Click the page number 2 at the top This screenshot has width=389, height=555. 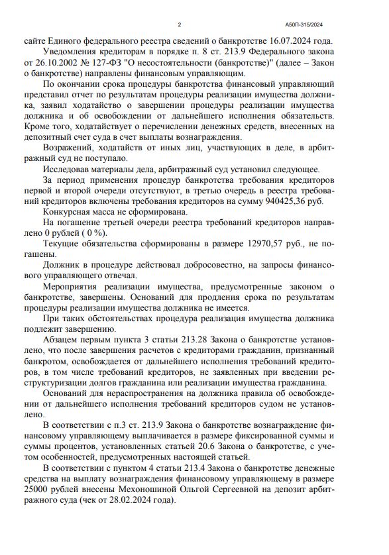(x=180, y=25)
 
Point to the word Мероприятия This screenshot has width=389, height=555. (x=75, y=287)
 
